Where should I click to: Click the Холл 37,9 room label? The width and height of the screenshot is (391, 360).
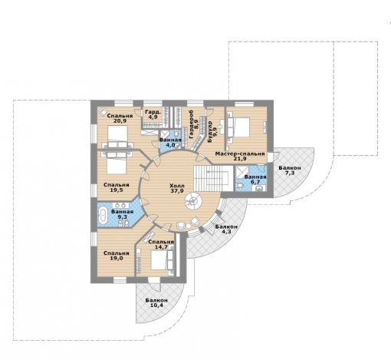[177, 188]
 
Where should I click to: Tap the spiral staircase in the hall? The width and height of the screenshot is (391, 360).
[194, 201]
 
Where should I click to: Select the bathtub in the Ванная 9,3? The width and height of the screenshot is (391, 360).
[103, 214]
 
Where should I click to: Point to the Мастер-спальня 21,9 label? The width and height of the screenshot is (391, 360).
[240, 156]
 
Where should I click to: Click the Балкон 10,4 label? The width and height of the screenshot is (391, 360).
[156, 302]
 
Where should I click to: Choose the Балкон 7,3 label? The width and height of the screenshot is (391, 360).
[290, 170]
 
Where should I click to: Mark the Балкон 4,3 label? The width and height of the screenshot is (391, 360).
[226, 230]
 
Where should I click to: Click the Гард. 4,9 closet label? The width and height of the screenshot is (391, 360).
[153, 114]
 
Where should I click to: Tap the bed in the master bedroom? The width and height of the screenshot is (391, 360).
[238, 127]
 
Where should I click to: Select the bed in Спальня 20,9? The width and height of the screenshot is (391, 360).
[117, 137]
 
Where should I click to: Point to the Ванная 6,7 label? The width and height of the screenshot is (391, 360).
[255, 180]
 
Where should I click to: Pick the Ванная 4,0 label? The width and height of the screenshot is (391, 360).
[170, 143]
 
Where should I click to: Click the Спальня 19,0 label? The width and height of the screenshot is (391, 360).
[117, 256]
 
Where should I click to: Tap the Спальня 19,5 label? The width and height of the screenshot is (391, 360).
[117, 187]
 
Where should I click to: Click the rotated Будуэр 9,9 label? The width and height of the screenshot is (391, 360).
[212, 131]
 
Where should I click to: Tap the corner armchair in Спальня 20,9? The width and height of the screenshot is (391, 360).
[103, 112]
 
